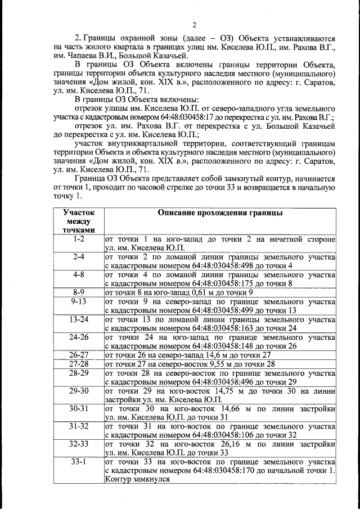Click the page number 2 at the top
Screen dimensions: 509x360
coord(194,24)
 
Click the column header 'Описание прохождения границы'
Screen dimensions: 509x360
coord(220,214)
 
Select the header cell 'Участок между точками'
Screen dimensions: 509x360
coord(79,222)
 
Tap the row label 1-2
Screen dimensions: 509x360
coord(79,239)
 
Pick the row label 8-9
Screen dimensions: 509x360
coord(79,292)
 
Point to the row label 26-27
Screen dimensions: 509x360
coord(79,355)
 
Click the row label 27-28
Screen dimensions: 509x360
coord(79,364)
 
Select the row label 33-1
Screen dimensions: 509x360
coord(79,462)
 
